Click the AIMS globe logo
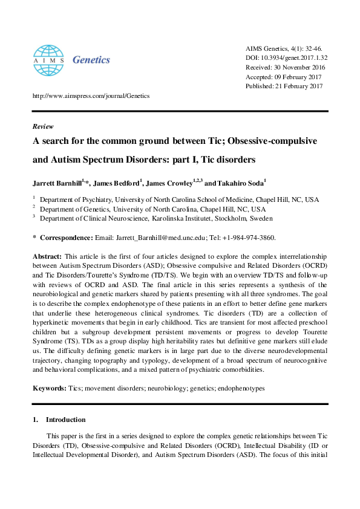pyautogui.click(x=49, y=59)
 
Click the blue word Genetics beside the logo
pyautogui.click(x=91, y=59)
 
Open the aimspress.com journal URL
pyautogui.click(x=90, y=96)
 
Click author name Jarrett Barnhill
pyautogui.click(x=57, y=182)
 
